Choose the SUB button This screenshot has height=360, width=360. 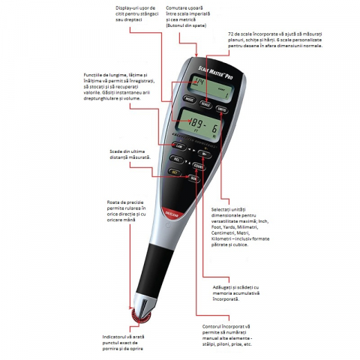193,178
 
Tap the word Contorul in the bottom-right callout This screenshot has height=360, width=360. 216,326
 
